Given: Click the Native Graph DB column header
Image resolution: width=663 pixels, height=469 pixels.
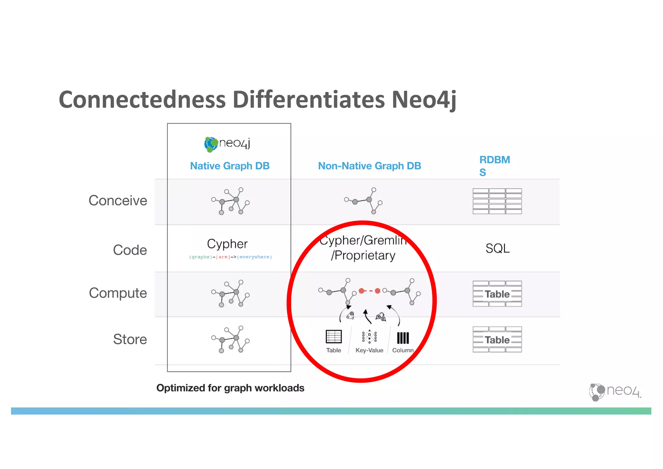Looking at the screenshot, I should click(x=230, y=166).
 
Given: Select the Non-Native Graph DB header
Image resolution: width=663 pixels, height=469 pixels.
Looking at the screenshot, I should click(x=369, y=166).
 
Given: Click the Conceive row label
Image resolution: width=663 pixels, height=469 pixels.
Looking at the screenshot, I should click(x=118, y=200).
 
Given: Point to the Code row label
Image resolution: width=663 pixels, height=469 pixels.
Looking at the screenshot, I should click(x=130, y=250).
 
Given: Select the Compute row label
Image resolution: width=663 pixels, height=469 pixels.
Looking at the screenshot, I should click(x=118, y=293).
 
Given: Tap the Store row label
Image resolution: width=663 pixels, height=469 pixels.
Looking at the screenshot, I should click(x=130, y=339).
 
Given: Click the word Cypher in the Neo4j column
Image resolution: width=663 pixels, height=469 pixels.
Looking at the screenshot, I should click(x=227, y=244).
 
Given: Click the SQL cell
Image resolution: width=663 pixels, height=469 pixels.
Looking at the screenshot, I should click(x=497, y=248).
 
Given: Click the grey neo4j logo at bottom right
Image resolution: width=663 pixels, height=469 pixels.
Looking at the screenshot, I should click(x=614, y=391).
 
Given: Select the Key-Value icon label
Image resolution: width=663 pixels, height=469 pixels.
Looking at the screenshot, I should click(x=369, y=350).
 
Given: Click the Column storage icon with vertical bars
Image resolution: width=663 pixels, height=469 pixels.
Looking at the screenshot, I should click(x=403, y=338).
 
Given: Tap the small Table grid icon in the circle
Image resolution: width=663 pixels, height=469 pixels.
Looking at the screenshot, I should click(x=333, y=337).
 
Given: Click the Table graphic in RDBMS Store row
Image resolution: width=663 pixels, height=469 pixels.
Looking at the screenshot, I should click(x=497, y=339).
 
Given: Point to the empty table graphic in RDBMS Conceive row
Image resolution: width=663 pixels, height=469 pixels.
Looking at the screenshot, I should click(x=497, y=201).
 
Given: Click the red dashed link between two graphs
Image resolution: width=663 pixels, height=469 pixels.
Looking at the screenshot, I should click(x=369, y=291).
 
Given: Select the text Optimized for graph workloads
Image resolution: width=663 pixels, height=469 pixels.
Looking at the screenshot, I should click(x=230, y=388).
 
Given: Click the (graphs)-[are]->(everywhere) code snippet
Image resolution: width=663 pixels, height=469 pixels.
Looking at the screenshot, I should click(x=230, y=257).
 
